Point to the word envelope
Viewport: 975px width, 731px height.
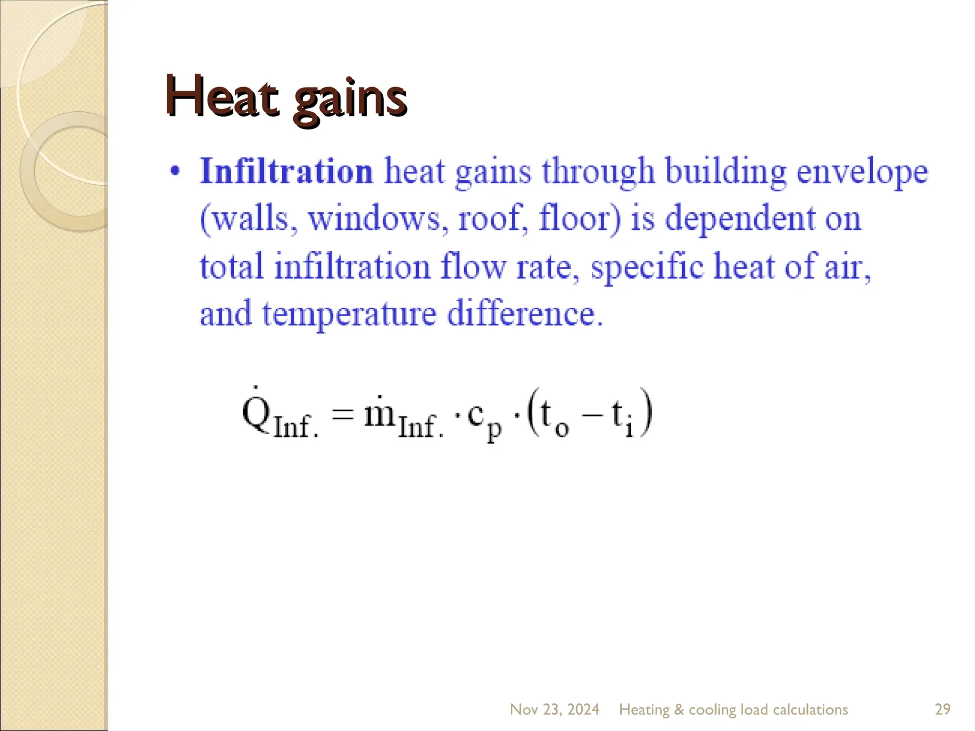[x=862, y=172]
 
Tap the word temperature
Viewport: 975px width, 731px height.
[x=349, y=315]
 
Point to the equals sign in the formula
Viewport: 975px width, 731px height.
[x=343, y=414]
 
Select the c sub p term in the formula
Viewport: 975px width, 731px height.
[x=484, y=419]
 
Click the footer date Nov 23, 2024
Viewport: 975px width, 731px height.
[x=554, y=710]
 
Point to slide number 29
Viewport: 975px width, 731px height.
[x=943, y=710]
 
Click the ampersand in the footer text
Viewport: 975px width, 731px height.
[x=679, y=710]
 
